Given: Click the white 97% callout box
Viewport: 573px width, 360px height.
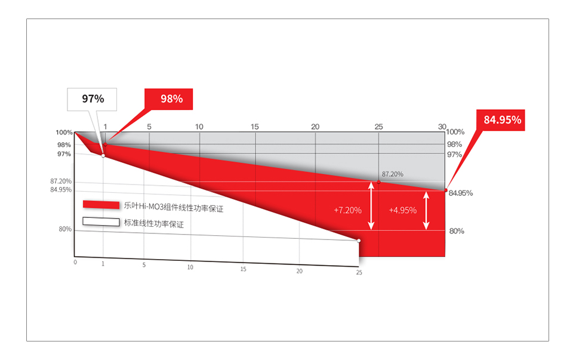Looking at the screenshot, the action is [92, 99].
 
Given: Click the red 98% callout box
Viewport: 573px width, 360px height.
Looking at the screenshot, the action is [168, 99].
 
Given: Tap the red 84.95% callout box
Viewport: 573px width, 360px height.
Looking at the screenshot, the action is [501, 120].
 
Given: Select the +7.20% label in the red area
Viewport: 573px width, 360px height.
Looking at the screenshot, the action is [347, 210].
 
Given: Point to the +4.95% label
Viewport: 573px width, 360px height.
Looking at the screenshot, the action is [403, 210].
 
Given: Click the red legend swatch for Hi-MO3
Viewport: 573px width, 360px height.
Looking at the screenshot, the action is [101, 205].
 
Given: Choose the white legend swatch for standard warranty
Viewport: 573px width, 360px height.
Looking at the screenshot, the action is [101, 222].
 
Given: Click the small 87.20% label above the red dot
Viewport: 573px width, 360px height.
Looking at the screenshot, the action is [393, 174].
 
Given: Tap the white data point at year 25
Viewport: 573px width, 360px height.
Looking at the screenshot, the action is [359, 241].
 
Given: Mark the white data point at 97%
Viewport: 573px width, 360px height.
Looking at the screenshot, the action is [103, 156].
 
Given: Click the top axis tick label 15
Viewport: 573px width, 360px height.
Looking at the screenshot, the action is [255, 127].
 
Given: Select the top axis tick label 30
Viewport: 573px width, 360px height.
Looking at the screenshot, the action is [442, 127].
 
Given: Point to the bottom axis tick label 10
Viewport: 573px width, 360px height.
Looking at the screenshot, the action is [190, 267].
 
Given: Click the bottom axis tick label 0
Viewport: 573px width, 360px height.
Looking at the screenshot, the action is [75, 262].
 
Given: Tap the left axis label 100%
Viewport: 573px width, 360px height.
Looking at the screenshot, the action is [64, 133].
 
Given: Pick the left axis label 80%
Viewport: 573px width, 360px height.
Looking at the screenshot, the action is [65, 229].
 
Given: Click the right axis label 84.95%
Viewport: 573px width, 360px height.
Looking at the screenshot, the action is [460, 193].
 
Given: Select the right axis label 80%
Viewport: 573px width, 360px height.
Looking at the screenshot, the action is [457, 231].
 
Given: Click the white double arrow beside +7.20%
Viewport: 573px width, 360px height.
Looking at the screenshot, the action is [371, 206].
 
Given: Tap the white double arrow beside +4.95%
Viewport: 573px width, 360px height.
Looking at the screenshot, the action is [426, 211].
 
